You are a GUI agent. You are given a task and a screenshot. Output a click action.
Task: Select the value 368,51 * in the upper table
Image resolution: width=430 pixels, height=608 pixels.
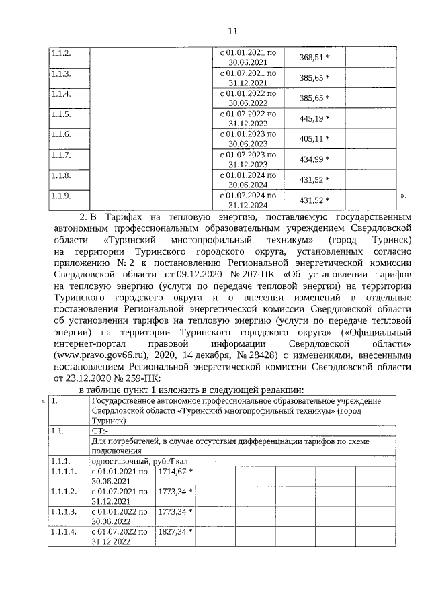point(314,57)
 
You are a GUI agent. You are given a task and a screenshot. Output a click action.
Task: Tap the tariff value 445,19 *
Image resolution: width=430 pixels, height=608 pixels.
point(314,119)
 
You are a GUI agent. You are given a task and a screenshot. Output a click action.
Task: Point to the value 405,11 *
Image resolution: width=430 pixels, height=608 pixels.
point(314,139)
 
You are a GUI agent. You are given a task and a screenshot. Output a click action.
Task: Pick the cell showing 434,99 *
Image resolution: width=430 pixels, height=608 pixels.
point(314,159)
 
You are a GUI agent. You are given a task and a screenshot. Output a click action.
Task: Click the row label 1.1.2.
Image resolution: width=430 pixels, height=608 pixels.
point(62,52)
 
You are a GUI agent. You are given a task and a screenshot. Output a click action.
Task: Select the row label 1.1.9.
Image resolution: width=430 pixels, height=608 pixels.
point(62,196)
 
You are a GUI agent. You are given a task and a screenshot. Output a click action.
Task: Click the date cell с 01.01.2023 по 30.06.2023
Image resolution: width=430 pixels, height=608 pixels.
point(248,139)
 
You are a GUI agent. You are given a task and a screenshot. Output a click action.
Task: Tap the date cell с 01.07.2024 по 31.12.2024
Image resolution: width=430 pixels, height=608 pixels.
point(248,200)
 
